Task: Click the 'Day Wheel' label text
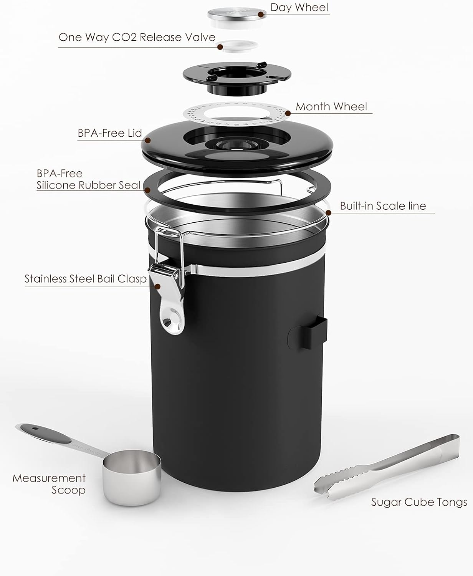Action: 299,8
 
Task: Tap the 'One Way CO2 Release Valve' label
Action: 137,38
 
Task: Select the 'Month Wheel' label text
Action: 331,106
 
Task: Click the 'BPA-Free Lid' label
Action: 110,133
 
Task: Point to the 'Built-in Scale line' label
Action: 383,206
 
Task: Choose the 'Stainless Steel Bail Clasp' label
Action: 86,279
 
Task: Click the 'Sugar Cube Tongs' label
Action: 419,502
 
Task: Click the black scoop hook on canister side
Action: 307,333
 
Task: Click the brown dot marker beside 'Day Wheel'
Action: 261,15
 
